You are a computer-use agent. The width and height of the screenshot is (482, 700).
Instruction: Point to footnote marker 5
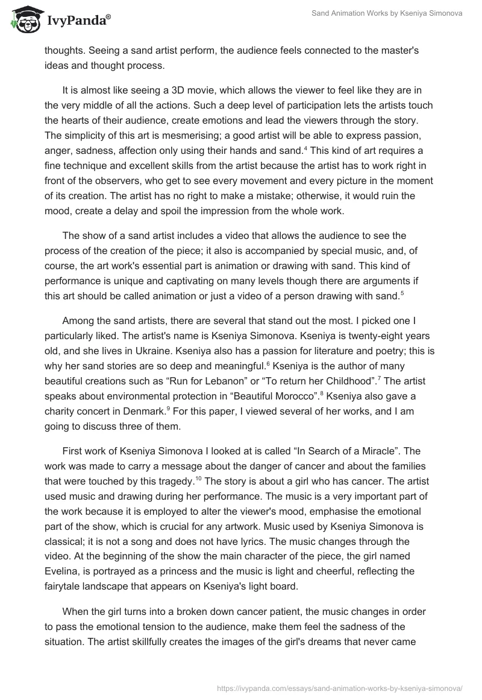click(402, 292)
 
